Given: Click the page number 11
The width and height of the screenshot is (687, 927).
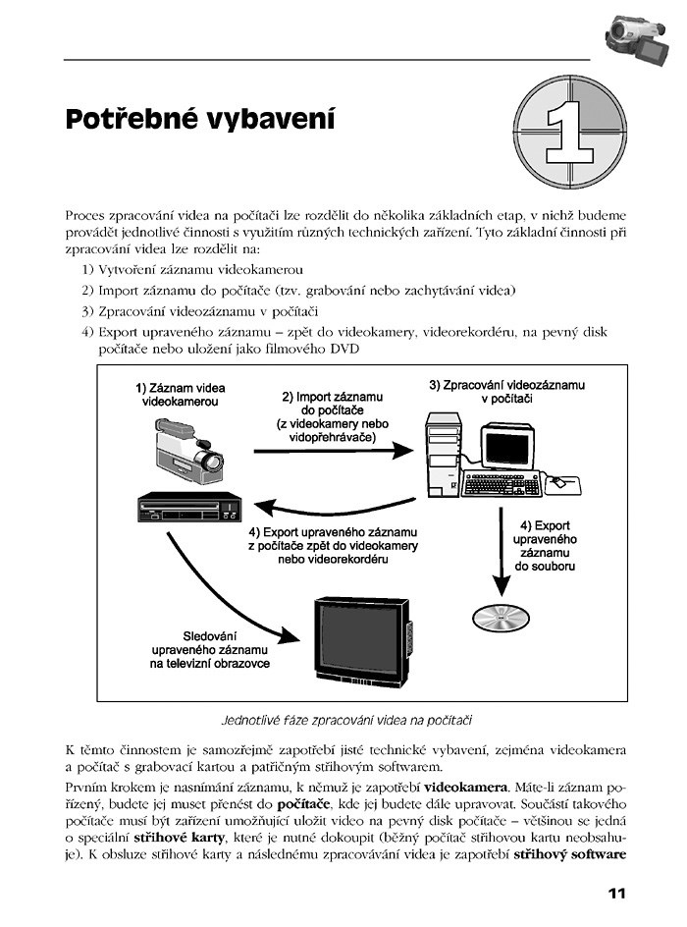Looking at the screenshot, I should (x=616, y=893).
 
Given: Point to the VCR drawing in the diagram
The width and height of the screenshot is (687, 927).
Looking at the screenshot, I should (x=189, y=507).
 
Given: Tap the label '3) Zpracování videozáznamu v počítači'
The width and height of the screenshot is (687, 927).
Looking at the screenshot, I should (x=506, y=393).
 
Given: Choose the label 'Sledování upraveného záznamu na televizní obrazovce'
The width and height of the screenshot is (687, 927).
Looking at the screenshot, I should (x=210, y=649).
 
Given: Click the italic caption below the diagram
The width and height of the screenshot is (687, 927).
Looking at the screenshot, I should (x=362, y=719).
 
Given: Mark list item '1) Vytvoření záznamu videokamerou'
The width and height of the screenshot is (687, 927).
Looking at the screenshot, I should (x=192, y=270).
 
